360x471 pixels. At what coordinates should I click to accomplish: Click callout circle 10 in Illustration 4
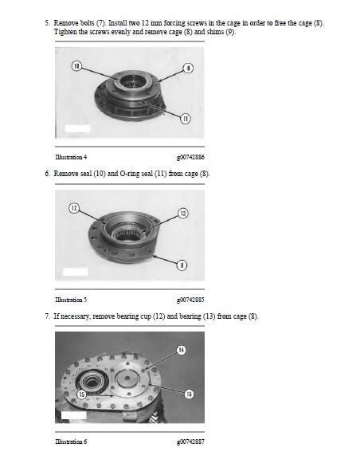[76, 66]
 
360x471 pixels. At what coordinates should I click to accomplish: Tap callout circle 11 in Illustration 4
[186, 119]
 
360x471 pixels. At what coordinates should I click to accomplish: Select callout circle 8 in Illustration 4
[188, 69]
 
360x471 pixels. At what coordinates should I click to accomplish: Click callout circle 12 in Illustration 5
[74, 208]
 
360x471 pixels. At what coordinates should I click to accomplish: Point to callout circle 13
[183, 214]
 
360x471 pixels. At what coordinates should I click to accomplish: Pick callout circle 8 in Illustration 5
[182, 265]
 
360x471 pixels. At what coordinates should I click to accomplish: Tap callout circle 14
[181, 350]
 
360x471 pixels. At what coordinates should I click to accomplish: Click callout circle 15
[82, 394]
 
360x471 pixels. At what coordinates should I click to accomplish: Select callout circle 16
[189, 394]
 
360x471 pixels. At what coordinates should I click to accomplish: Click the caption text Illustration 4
[71, 157]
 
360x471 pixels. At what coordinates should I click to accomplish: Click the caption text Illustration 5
[71, 300]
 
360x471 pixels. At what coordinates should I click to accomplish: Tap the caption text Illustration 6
[71, 442]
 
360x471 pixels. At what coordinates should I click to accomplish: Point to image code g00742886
[190, 157]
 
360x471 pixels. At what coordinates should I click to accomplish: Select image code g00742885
[190, 300]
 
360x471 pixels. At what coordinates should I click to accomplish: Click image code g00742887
[190, 442]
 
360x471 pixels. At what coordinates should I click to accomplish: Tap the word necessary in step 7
[75, 316]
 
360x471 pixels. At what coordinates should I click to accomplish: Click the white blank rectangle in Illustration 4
[77, 128]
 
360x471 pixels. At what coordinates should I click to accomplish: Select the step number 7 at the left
[47, 316]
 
